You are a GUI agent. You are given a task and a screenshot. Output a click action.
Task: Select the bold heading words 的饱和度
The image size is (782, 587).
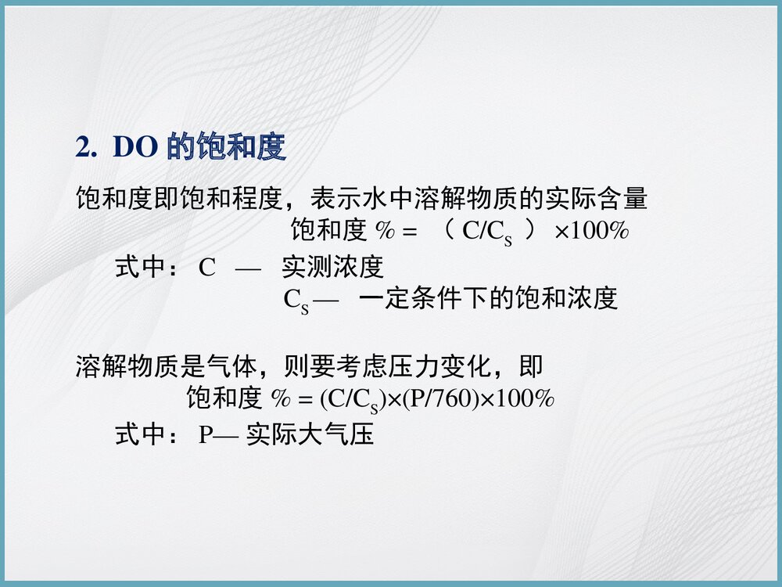click(227, 148)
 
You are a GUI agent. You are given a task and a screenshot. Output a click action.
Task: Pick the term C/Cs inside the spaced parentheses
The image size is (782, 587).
click(487, 232)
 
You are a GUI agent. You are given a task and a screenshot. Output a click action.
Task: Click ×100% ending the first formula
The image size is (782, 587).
click(592, 232)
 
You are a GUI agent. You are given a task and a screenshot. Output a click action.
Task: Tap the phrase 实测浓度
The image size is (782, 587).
click(332, 268)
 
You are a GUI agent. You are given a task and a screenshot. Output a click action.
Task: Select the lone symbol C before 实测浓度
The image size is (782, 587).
click(206, 268)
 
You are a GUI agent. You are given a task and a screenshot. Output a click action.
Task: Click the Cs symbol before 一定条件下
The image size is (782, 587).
click(296, 301)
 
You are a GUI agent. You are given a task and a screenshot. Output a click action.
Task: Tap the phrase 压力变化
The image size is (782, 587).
click(439, 366)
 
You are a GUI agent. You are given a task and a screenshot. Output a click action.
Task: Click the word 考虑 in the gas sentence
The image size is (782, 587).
click(361, 366)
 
